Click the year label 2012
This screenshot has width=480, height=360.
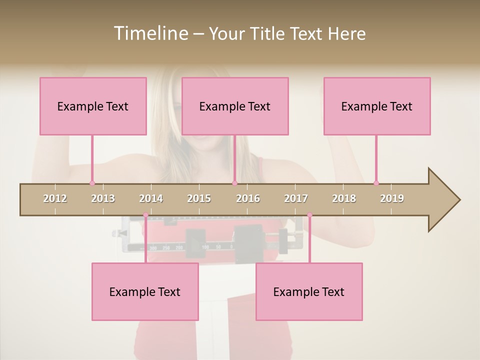point(55,198)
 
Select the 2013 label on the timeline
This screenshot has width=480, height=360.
point(103,198)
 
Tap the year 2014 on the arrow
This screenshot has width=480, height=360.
point(151,198)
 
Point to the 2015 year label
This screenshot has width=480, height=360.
point(199,198)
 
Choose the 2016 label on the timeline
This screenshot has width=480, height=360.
point(248,198)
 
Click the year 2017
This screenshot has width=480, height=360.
point(296,198)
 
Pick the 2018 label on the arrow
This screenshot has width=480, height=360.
point(344,198)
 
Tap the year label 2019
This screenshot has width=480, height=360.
point(392,198)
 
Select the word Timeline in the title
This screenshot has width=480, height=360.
point(150,33)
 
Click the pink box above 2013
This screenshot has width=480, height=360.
point(93,106)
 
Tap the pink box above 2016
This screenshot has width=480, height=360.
point(235,106)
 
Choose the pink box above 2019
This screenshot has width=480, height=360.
point(377,106)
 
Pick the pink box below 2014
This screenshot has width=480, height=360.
point(145,291)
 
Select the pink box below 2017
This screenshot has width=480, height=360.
point(309,291)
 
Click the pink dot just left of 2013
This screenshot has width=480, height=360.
point(92,183)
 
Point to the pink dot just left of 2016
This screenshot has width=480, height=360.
point(234,183)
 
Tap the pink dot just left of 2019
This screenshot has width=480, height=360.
point(376,183)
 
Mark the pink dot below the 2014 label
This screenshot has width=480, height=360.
point(145,215)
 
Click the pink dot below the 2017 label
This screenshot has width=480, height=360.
point(309,215)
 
